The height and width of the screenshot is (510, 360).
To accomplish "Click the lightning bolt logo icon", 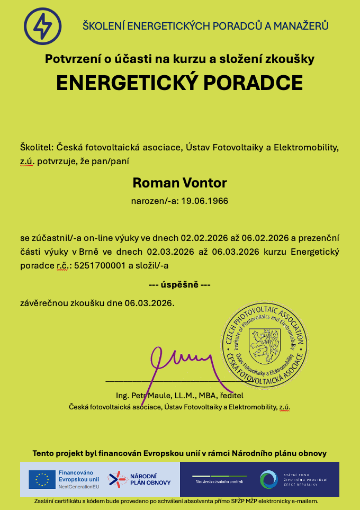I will coord(42,26).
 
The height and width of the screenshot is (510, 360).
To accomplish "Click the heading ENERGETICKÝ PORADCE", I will coord(179,83).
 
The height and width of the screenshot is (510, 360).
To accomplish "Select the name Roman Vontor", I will coord(179,183).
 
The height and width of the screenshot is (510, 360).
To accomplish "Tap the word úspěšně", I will coord(179,285).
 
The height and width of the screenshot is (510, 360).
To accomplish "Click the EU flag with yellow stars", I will coord(42,479).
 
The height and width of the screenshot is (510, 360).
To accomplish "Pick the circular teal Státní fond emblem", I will coord(269,479).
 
